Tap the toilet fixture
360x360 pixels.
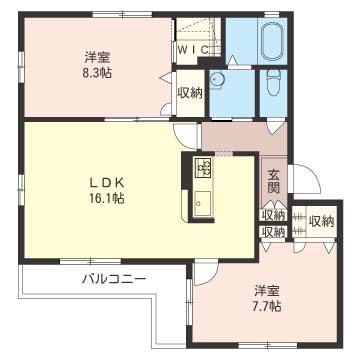coord(273,84)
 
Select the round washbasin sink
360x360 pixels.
coord(217,80)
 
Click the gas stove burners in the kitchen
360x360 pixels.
coord(203,167)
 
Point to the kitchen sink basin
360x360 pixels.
coord(202,204)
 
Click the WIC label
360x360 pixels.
coord(194,50)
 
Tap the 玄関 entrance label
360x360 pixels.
coord(273,182)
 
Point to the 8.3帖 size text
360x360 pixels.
coord(97,73)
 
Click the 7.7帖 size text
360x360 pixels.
coord(266,306)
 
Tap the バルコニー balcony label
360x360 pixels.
coord(114,278)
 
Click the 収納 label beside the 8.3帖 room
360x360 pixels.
coord(190,93)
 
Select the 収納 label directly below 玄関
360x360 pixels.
coord(274,214)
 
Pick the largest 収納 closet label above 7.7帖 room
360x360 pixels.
coord(321,221)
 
